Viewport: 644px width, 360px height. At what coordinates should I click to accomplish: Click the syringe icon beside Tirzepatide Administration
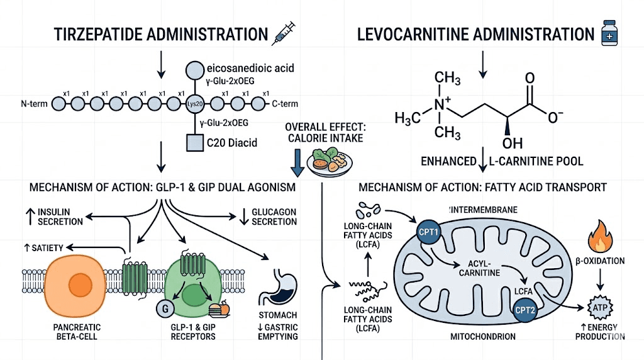point(282,33)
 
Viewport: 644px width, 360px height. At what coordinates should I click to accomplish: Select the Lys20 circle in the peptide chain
point(194,103)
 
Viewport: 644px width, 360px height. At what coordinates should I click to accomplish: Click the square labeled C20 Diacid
point(194,143)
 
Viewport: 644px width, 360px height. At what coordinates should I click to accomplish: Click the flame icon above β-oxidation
point(596,239)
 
